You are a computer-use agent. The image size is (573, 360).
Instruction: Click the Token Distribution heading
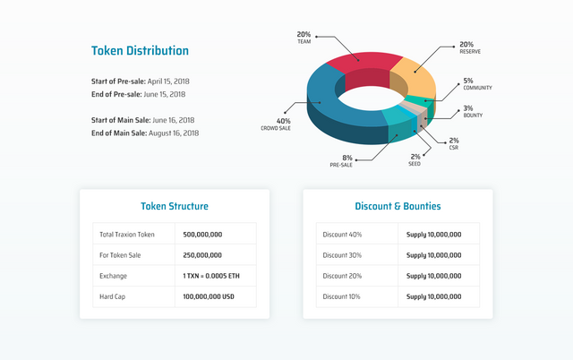pyautogui.click(x=140, y=51)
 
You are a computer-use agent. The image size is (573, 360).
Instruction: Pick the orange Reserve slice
pyautogui.click(x=414, y=75)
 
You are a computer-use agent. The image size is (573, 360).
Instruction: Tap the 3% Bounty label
pyautogui.click(x=474, y=112)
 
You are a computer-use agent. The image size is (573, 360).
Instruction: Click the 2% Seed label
pyautogui.click(x=415, y=159)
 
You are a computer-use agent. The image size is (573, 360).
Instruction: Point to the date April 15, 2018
pyautogui.click(x=165, y=81)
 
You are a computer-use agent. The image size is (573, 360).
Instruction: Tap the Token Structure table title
pyautogui.click(x=175, y=206)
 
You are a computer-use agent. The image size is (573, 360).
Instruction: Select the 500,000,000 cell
pyautogui.click(x=202, y=234)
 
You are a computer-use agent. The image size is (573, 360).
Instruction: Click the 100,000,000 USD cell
pyautogui.click(x=209, y=296)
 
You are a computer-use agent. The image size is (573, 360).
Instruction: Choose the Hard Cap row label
pyautogui.click(x=113, y=296)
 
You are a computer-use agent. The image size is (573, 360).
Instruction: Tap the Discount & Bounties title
pyautogui.click(x=398, y=206)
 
